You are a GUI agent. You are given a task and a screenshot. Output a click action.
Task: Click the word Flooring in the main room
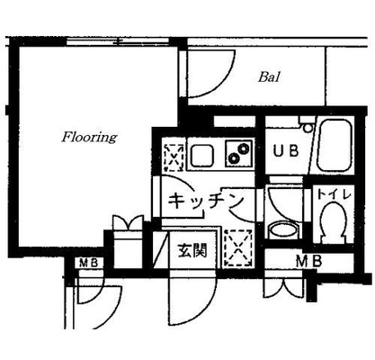point(89,138)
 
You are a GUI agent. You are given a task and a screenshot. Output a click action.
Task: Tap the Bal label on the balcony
point(269,76)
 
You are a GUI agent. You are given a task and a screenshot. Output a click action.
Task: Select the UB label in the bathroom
point(286,151)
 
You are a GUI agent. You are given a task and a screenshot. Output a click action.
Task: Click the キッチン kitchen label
point(205,201)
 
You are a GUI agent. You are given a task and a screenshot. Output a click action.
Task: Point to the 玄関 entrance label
point(192,250)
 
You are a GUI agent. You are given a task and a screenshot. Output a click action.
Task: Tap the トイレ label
point(334,195)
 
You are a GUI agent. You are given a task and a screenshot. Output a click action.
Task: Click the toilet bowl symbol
point(333,222)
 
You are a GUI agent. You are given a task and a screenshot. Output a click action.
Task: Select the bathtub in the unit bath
point(335,146)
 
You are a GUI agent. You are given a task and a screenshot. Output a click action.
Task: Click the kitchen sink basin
point(202,155)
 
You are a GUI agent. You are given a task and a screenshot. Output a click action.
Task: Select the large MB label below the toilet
point(308,261)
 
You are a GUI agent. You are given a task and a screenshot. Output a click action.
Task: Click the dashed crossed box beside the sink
point(174,157)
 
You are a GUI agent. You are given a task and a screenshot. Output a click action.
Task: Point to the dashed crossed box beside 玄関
point(238,248)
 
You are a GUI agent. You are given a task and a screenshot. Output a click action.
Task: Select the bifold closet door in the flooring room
point(128,223)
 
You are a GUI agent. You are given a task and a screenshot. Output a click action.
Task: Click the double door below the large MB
point(284,287)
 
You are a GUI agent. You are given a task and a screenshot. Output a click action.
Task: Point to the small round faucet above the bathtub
point(308,128)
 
